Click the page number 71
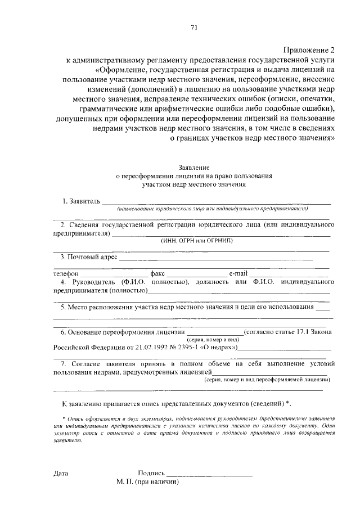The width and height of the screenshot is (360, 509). (194, 26)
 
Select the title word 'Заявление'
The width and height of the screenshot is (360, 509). (194, 167)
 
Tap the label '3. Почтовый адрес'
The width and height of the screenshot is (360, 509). (89, 258)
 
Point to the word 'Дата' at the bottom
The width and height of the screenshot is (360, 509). (61, 474)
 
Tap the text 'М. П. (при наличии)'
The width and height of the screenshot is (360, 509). (148, 483)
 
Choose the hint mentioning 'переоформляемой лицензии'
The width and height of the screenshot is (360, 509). (267, 380)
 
